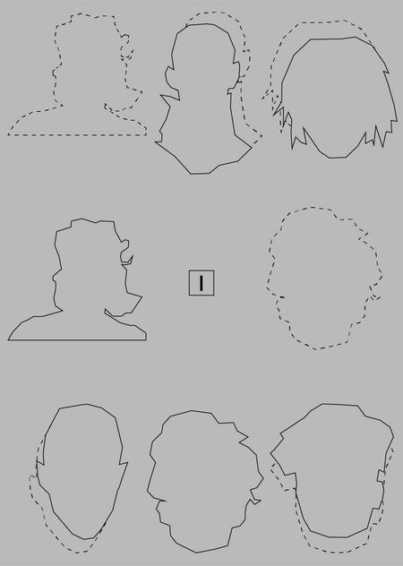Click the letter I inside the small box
(x=201, y=283)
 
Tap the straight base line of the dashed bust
(x=77, y=135)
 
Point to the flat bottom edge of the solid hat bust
(x=77, y=340)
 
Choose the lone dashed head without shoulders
(x=323, y=278)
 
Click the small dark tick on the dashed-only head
(x=281, y=297)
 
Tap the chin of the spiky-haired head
(x=338, y=157)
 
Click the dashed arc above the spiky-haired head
(x=318, y=22)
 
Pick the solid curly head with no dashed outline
(x=204, y=480)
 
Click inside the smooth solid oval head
(x=81, y=469)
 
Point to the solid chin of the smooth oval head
(x=85, y=538)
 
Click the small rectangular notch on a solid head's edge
(x=381, y=476)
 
